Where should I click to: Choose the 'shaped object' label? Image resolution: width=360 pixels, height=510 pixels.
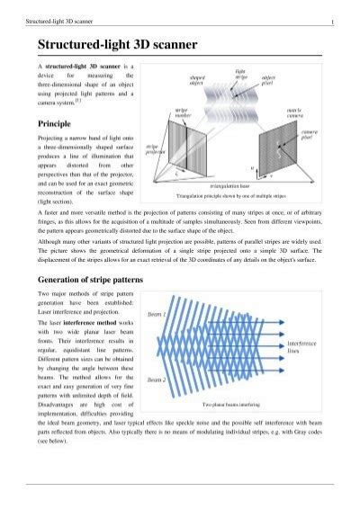(x=198, y=82)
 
